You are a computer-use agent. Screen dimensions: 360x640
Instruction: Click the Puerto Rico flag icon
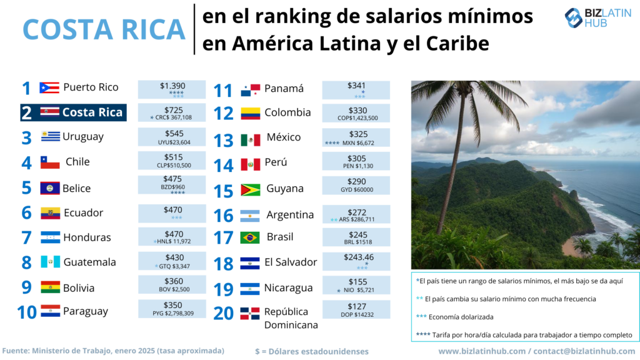click(x=49, y=87)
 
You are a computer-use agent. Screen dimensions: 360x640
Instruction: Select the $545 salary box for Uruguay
click(x=171, y=137)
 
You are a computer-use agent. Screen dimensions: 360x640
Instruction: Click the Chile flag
click(x=50, y=162)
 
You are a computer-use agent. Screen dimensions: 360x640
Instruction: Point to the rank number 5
click(x=26, y=188)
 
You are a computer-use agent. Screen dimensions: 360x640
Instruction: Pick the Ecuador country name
click(x=83, y=212)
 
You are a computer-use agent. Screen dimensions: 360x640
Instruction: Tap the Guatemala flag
click(x=50, y=262)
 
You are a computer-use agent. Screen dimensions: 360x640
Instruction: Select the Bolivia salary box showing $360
click(x=171, y=285)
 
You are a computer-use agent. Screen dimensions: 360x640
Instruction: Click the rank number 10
click(x=27, y=311)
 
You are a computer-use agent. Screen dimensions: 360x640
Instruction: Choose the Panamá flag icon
click(x=250, y=91)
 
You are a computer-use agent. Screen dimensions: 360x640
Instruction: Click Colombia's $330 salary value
click(x=357, y=109)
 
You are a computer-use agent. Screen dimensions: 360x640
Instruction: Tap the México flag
click(x=250, y=140)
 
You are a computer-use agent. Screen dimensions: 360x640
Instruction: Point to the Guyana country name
click(x=284, y=188)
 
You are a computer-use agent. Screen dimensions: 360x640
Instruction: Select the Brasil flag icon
click(x=250, y=237)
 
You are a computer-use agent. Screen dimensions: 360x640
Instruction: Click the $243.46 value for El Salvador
click(x=357, y=257)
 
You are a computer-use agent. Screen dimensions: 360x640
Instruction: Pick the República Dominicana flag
click(x=250, y=313)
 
